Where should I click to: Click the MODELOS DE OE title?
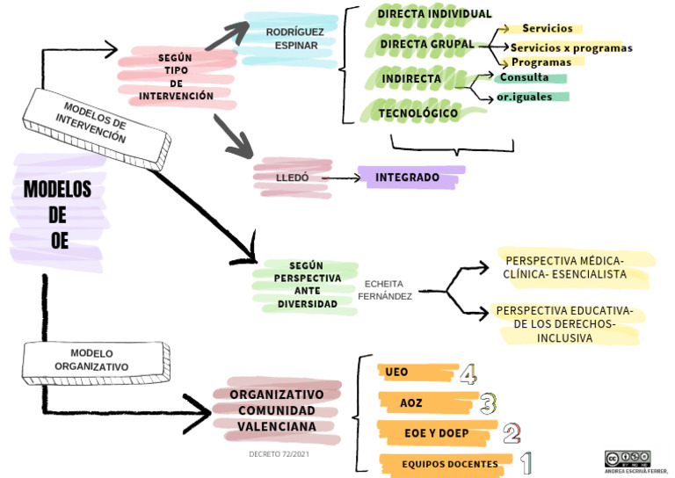pos(58,214)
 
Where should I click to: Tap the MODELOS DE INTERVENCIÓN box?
pos(97,129)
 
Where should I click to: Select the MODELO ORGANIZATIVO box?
pos(96,363)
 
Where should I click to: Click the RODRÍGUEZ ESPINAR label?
pos(295,39)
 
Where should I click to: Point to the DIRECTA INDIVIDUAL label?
pos(434,14)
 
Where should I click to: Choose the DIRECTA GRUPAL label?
pos(427,44)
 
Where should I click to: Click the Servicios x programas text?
pos(571,47)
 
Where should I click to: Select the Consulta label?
pos(524,77)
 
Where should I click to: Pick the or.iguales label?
pos(525,97)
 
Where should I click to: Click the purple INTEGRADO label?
pos(407,177)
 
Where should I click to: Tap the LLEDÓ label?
pos(293,177)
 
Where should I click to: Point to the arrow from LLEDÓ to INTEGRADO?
pos(341,177)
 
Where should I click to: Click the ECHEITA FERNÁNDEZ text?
pos(384,290)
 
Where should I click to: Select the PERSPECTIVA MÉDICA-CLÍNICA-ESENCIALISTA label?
pos(565,267)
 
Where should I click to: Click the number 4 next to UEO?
pos(468,373)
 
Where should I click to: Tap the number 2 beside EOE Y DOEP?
pos(512,433)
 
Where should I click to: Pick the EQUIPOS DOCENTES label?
pos(450,464)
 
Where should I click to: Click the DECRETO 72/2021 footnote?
pos(279,454)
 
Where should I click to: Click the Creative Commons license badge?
pos(628,459)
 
